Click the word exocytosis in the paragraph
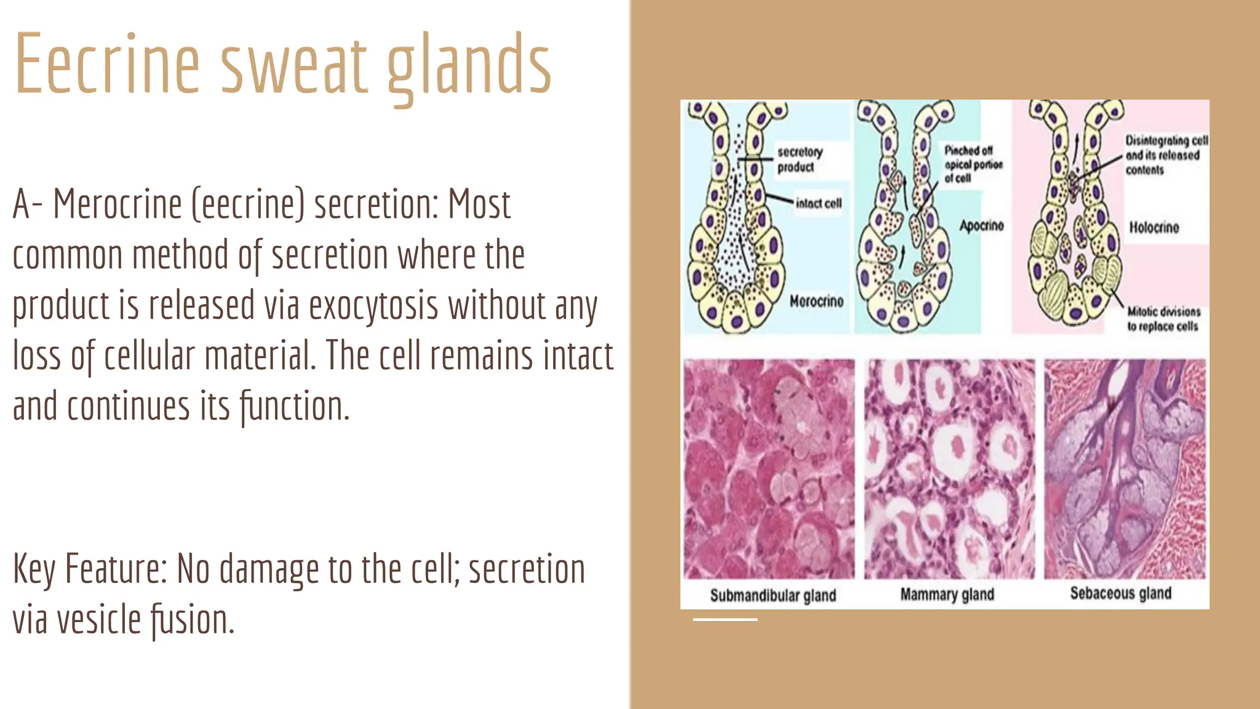click(x=374, y=305)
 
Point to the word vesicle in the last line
click(x=99, y=619)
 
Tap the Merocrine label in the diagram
click(x=816, y=301)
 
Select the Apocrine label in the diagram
click(x=981, y=226)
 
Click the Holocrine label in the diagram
click(x=1154, y=228)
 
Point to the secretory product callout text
click(x=799, y=159)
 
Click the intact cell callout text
click(x=818, y=204)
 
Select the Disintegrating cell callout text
click(x=1165, y=155)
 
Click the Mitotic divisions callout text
click(x=1163, y=319)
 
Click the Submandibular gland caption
click(x=773, y=595)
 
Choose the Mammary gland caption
click(x=947, y=595)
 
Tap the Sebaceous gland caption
click(x=1120, y=593)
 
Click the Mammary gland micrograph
click(x=949, y=469)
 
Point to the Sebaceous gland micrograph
click(x=1125, y=469)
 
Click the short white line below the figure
click(x=725, y=619)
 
